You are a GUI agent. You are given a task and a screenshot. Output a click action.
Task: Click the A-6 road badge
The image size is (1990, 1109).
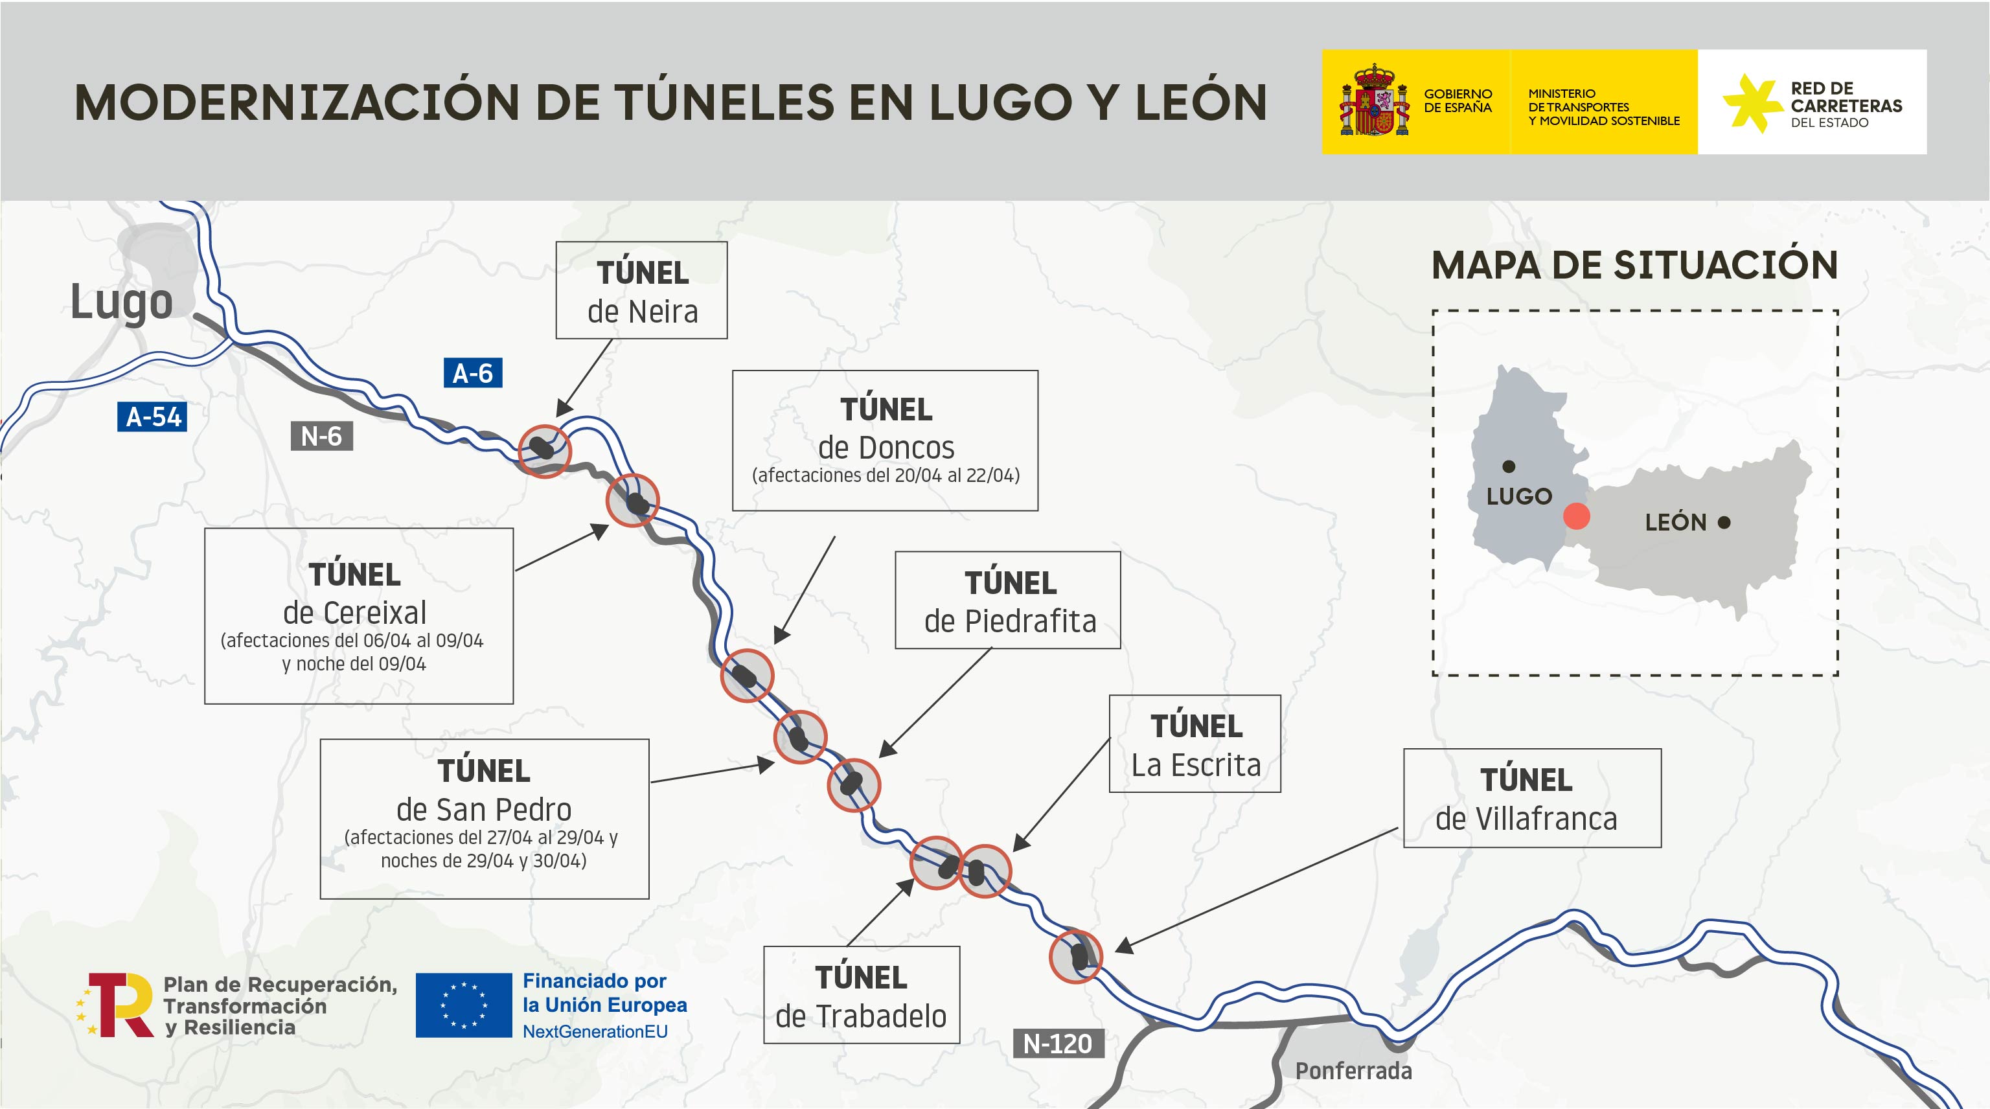473,373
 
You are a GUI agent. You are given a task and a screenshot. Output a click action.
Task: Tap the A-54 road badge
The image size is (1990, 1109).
152,417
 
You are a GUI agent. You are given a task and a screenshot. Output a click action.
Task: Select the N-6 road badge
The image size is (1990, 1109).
321,437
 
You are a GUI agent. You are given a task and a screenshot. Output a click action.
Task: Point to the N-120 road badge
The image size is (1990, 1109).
1058,1044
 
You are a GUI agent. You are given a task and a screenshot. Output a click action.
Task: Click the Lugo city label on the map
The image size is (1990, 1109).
121,301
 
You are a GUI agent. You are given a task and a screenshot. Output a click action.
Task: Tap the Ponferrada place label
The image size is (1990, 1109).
1353,1070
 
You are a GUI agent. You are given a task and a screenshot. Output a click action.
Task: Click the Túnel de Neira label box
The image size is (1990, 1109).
641,290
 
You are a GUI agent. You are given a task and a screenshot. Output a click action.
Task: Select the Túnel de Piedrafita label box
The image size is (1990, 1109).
1007,600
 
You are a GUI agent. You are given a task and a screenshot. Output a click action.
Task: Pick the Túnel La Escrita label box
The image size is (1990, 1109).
1195,744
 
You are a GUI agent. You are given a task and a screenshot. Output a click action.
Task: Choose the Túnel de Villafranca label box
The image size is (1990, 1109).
1532,798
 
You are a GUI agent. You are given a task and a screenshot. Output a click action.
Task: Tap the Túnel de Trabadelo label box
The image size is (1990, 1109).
862,995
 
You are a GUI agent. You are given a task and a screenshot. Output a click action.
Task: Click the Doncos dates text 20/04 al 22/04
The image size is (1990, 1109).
886,475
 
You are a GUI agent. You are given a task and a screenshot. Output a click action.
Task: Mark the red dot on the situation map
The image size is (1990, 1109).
1576,516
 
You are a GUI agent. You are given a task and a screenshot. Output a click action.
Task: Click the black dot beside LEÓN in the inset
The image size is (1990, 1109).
1724,523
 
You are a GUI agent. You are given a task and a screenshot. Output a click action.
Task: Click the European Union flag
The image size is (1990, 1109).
464,1005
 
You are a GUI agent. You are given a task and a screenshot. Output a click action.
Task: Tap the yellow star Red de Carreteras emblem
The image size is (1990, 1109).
1752,103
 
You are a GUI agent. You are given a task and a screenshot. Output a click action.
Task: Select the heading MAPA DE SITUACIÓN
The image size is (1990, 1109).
1634,265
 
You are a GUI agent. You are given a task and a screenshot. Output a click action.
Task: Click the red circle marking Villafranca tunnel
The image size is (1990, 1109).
1075,956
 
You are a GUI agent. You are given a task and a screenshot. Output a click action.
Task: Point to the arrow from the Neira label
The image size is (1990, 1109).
584,378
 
